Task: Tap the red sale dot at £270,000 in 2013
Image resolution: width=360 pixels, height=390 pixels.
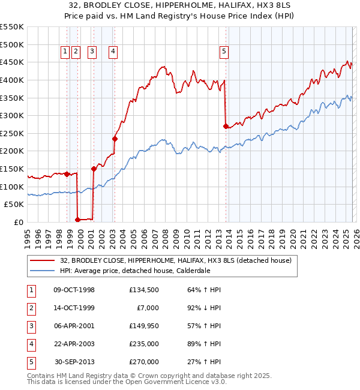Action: [226, 126]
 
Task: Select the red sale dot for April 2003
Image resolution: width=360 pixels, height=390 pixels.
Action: [115, 139]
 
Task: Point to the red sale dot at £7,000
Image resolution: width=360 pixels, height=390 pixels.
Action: [77, 220]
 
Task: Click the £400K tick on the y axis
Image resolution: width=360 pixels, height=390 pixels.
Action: [13, 80]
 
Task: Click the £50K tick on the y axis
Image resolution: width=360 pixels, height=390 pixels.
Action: [14, 205]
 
